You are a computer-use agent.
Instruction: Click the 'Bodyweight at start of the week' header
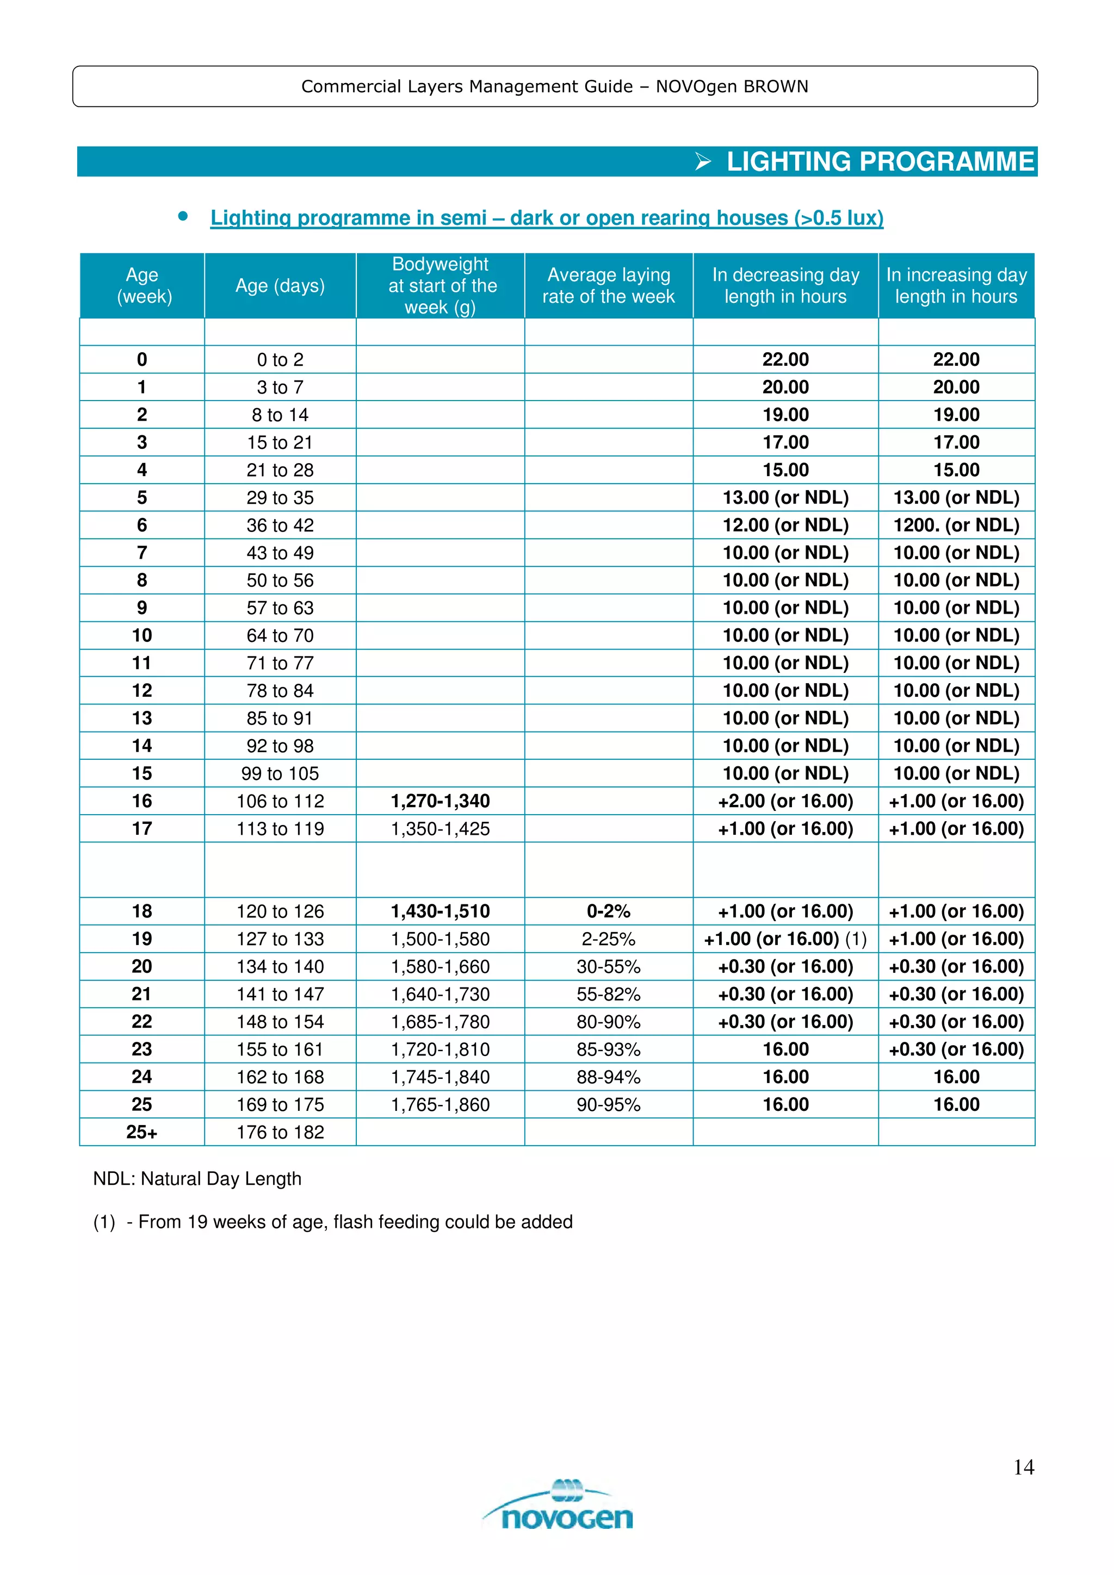coord(441,285)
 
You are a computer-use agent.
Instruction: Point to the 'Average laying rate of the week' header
coord(608,285)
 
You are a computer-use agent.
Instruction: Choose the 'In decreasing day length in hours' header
coord(785,285)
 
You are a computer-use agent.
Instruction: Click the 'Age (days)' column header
coord(280,285)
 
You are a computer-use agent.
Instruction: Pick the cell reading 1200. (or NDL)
coord(956,525)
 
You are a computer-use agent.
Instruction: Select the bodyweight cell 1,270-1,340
coord(440,801)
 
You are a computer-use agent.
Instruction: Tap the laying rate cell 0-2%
coord(608,911)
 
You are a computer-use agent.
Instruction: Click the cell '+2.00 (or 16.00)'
coord(785,801)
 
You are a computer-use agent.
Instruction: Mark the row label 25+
coord(141,1132)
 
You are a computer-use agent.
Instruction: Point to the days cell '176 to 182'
coord(280,1132)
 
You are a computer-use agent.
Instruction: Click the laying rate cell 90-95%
coord(608,1104)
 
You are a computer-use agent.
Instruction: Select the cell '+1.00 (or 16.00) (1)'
coord(785,939)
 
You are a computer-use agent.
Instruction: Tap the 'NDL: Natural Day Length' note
coord(197,1178)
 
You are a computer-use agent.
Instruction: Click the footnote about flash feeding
coord(333,1222)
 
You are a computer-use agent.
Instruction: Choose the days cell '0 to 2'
coord(280,359)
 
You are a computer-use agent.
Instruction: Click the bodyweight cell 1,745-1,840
coord(440,1077)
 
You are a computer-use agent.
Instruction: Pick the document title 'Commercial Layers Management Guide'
coord(467,86)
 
